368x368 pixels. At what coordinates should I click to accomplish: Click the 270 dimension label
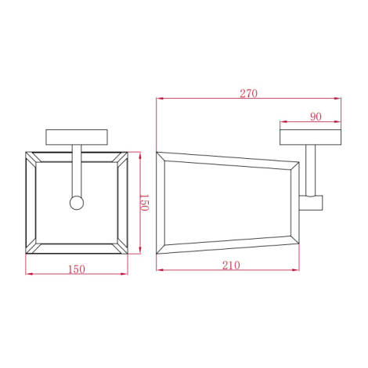(250, 93)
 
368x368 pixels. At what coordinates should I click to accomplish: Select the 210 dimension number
(230, 265)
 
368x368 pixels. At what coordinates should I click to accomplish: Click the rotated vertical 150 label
(144, 203)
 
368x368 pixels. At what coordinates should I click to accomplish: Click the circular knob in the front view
(77, 203)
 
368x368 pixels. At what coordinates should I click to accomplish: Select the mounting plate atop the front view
(77, 136)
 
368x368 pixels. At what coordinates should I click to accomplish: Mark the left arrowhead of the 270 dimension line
(160, 99)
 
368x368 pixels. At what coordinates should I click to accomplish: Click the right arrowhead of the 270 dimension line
(341, 99)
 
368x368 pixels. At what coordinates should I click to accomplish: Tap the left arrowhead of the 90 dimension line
(283, 123)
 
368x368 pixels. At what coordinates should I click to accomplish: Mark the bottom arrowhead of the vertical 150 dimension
(139, 253)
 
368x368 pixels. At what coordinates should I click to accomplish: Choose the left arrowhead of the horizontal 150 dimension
(29, 274)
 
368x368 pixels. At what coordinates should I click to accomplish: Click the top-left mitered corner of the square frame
(31, 156)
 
